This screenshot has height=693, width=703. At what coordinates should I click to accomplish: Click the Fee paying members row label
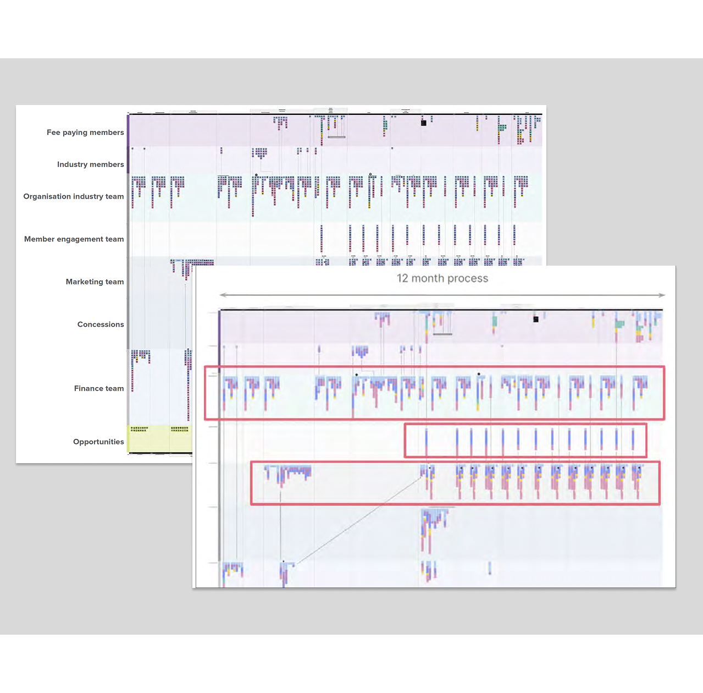pyautogui.click(x=85, y=133)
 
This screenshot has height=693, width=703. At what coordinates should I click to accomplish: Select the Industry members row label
pyautogui.click(x=90, y=164)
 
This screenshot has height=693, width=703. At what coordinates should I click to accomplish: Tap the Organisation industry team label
pyautogui.click(x=74, y=196)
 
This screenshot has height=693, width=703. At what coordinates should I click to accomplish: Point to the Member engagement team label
pyautogui.click(x=74, y=239)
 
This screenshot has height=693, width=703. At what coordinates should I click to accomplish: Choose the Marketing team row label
pyautogui.click(x=95, y=282)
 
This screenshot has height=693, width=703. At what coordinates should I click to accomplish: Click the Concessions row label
pyautogui.click(x=101, y=324)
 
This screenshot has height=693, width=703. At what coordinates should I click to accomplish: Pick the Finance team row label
pyautogui.click(x=99, y=388)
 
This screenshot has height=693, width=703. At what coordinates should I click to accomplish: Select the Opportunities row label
pyautogui.click(x=98, y=442)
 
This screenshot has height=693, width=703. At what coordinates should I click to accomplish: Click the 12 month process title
pyautogui.click(x=442, y=278)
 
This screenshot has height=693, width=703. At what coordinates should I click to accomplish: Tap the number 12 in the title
pyautogui.click(x=403, y=278)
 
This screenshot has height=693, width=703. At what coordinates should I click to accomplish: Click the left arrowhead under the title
pyautogui.click(x=222, y=295)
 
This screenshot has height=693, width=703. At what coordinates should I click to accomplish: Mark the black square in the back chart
pyautogui.click(x=423, y=123)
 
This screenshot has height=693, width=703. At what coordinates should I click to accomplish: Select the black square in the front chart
pyautogui.click(x=536, y=319)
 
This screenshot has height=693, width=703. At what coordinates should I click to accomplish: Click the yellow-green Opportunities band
pyautogui.click(x=159, y=438)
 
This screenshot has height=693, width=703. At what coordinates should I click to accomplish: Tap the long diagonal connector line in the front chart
pyautogui.click(x=357, y=520)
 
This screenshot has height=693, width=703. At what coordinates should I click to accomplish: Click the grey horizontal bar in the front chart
pyautogui.click(x=442, y=334)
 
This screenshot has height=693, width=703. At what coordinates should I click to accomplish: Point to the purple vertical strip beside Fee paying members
pyautogui.click(x=129, y=130)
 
